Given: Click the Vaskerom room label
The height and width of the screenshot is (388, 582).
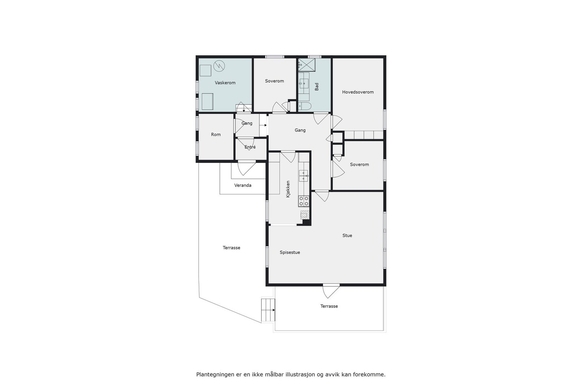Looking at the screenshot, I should point(225,83).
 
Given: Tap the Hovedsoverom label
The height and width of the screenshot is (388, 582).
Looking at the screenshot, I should point(358,92).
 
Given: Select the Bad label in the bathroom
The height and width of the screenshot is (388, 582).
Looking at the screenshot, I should point(316,87).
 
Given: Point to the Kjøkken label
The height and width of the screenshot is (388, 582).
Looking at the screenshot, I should point(288,189).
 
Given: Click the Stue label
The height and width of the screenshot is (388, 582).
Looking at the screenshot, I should point(347,236).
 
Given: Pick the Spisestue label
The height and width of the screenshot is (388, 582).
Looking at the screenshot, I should point(290,252).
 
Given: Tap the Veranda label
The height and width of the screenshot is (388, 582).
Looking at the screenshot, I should point(243,185).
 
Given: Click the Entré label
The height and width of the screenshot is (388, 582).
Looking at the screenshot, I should point(250,147).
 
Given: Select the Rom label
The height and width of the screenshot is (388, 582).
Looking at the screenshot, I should point(216,135).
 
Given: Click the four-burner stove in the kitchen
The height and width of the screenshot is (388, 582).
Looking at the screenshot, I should point(303,201).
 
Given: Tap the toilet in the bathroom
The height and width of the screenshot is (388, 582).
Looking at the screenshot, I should point(304,106).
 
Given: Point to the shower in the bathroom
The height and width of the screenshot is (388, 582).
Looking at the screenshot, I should point(307,65).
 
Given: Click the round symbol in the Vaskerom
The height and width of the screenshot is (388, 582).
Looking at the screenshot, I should point(219,65).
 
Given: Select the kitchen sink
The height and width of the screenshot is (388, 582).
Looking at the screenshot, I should point(303,176).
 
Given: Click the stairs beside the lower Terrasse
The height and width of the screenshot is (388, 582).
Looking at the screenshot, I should point(267,310).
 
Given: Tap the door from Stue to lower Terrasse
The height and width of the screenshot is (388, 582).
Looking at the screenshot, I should point(331,290).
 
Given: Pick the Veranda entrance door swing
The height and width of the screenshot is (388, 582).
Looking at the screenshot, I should point(247,168).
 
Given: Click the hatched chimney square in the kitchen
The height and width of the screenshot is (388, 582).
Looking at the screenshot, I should point(304,215).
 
